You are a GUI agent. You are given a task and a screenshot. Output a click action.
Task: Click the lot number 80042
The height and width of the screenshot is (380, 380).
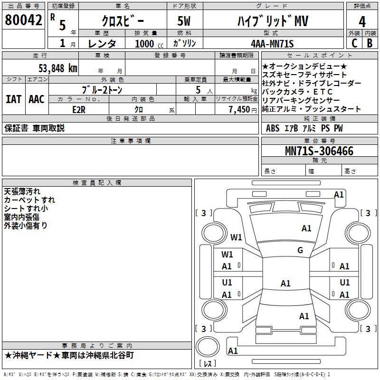click(23, 20)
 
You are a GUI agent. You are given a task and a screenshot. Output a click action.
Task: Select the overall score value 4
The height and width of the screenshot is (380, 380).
click(362, 22)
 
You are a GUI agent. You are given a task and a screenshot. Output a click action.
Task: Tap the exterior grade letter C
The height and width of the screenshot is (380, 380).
click(354, 43)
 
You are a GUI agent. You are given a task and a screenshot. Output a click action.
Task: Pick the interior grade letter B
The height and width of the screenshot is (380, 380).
click(370, 43)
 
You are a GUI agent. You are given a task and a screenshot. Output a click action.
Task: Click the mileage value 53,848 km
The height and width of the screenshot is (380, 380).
click(58, 68)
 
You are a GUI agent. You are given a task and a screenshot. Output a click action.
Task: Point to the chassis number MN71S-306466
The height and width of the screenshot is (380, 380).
click(319, 151)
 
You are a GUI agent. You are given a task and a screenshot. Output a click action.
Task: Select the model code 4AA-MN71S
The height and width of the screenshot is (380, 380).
click(272, 44)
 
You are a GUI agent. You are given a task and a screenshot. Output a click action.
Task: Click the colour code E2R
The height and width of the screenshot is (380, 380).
click(79, 110)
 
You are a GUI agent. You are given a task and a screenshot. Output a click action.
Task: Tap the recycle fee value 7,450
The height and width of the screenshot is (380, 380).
click(239, 110)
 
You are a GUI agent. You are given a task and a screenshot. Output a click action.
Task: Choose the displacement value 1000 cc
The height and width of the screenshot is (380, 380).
click(149, 44)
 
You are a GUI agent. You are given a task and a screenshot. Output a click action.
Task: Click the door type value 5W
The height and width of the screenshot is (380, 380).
click(184, 21)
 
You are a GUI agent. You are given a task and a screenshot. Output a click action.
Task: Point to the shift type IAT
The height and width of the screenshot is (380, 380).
click(14, 99)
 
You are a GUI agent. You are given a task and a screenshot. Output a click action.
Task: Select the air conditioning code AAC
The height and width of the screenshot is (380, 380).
click(37, 99)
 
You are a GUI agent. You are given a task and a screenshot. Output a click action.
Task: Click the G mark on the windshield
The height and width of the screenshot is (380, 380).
click(300, 250)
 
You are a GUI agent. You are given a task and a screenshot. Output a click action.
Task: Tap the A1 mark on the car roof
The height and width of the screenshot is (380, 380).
click(285, 283)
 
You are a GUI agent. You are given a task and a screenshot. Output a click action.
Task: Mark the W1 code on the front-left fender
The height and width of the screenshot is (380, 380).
click(236, 237)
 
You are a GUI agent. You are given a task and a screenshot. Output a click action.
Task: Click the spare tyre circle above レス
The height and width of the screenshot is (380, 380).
click(208, 347)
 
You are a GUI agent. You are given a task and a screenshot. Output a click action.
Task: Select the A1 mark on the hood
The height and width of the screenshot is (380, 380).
click(306, 228)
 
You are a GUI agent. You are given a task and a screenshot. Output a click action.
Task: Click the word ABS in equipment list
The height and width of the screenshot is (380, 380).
click(273, 128)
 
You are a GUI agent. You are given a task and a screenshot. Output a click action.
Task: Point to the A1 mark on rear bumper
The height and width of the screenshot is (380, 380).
click(233, 351)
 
